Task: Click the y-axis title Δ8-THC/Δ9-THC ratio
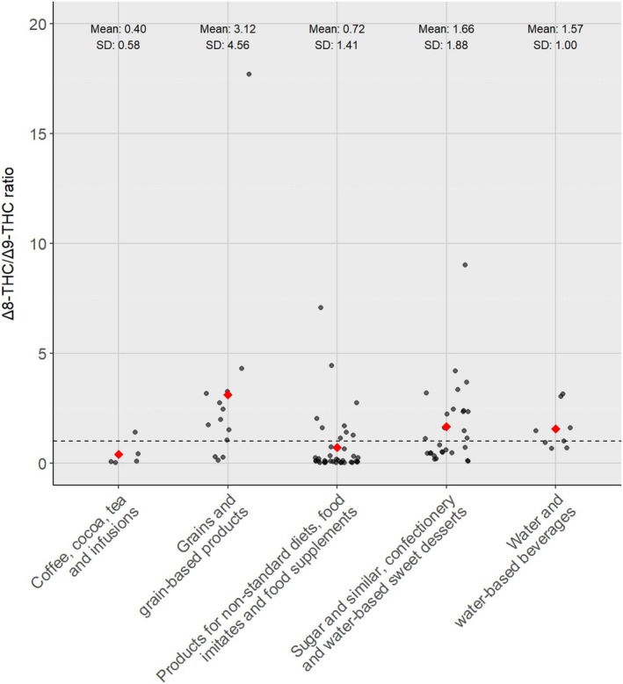click(x=11, y=241)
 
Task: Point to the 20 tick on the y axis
click(x=38, y=24)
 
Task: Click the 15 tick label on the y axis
click(x=38, y=133)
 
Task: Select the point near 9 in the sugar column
click(x=465, y=264)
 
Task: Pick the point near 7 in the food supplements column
click(x=321, y=307)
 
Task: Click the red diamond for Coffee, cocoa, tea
click(x=119, y=454)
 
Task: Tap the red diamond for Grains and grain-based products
click(x=228, y=395)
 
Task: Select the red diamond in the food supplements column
click(x=337, y=448)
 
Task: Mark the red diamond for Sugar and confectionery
click(x=446, y=427)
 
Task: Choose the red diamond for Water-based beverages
click(x=555, y=428)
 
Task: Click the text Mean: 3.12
click(x=228, y=29)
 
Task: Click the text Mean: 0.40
click(x=119, y=29)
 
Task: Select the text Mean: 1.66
click(x=446, y=29)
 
